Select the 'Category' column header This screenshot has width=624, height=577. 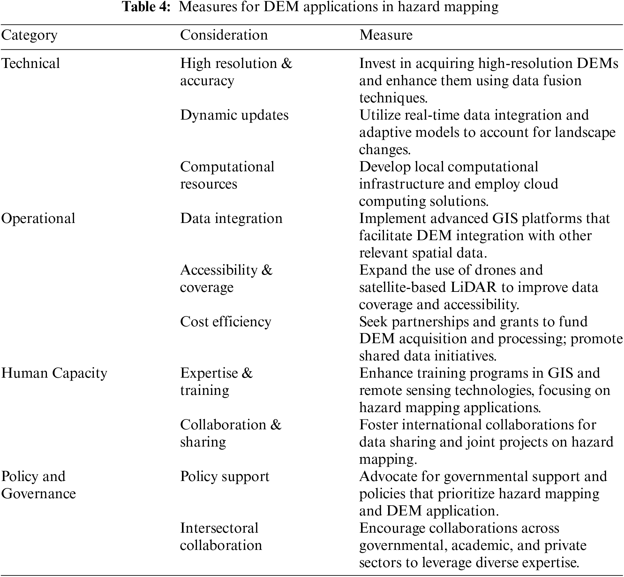click(29, 35)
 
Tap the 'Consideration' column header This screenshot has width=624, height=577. click(224, 35)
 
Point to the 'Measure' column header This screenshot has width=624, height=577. click(386, 35)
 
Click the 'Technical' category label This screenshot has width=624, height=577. click(31, 63)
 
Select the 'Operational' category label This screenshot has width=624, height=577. click(38, 218)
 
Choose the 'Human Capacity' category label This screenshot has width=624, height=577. click(54, 373)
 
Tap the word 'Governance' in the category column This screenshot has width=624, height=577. click(39, 494)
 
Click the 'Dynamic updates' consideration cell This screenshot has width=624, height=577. click(234, 115)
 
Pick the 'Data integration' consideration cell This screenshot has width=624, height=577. click(231, 218)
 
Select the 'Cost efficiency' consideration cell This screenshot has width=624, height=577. click(226, 322)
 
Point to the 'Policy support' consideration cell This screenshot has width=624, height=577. click(225, 477)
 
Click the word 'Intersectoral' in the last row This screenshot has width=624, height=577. click(219, 528)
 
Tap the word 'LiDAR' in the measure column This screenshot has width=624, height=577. click(474, 287)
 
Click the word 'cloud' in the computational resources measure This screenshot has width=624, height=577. click(542, 184)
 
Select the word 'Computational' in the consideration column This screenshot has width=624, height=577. click(227, 167)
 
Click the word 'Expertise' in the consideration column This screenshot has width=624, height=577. click(209, 373)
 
